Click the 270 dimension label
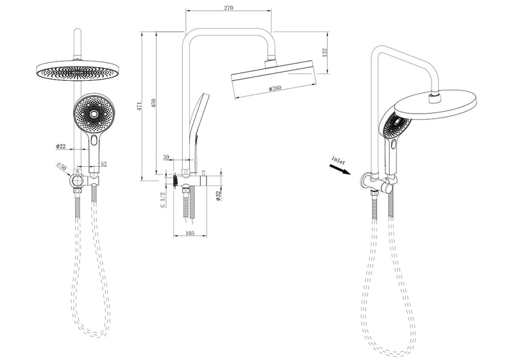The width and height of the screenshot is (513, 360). click(228, 8)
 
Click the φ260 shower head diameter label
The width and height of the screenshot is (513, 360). click(274, 89)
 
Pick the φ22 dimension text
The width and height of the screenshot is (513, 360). click(61, 146)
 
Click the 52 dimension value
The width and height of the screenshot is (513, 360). click(103, 164)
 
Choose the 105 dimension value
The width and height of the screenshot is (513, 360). click(190, 233)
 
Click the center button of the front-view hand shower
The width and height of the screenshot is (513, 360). click(95, 114)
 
